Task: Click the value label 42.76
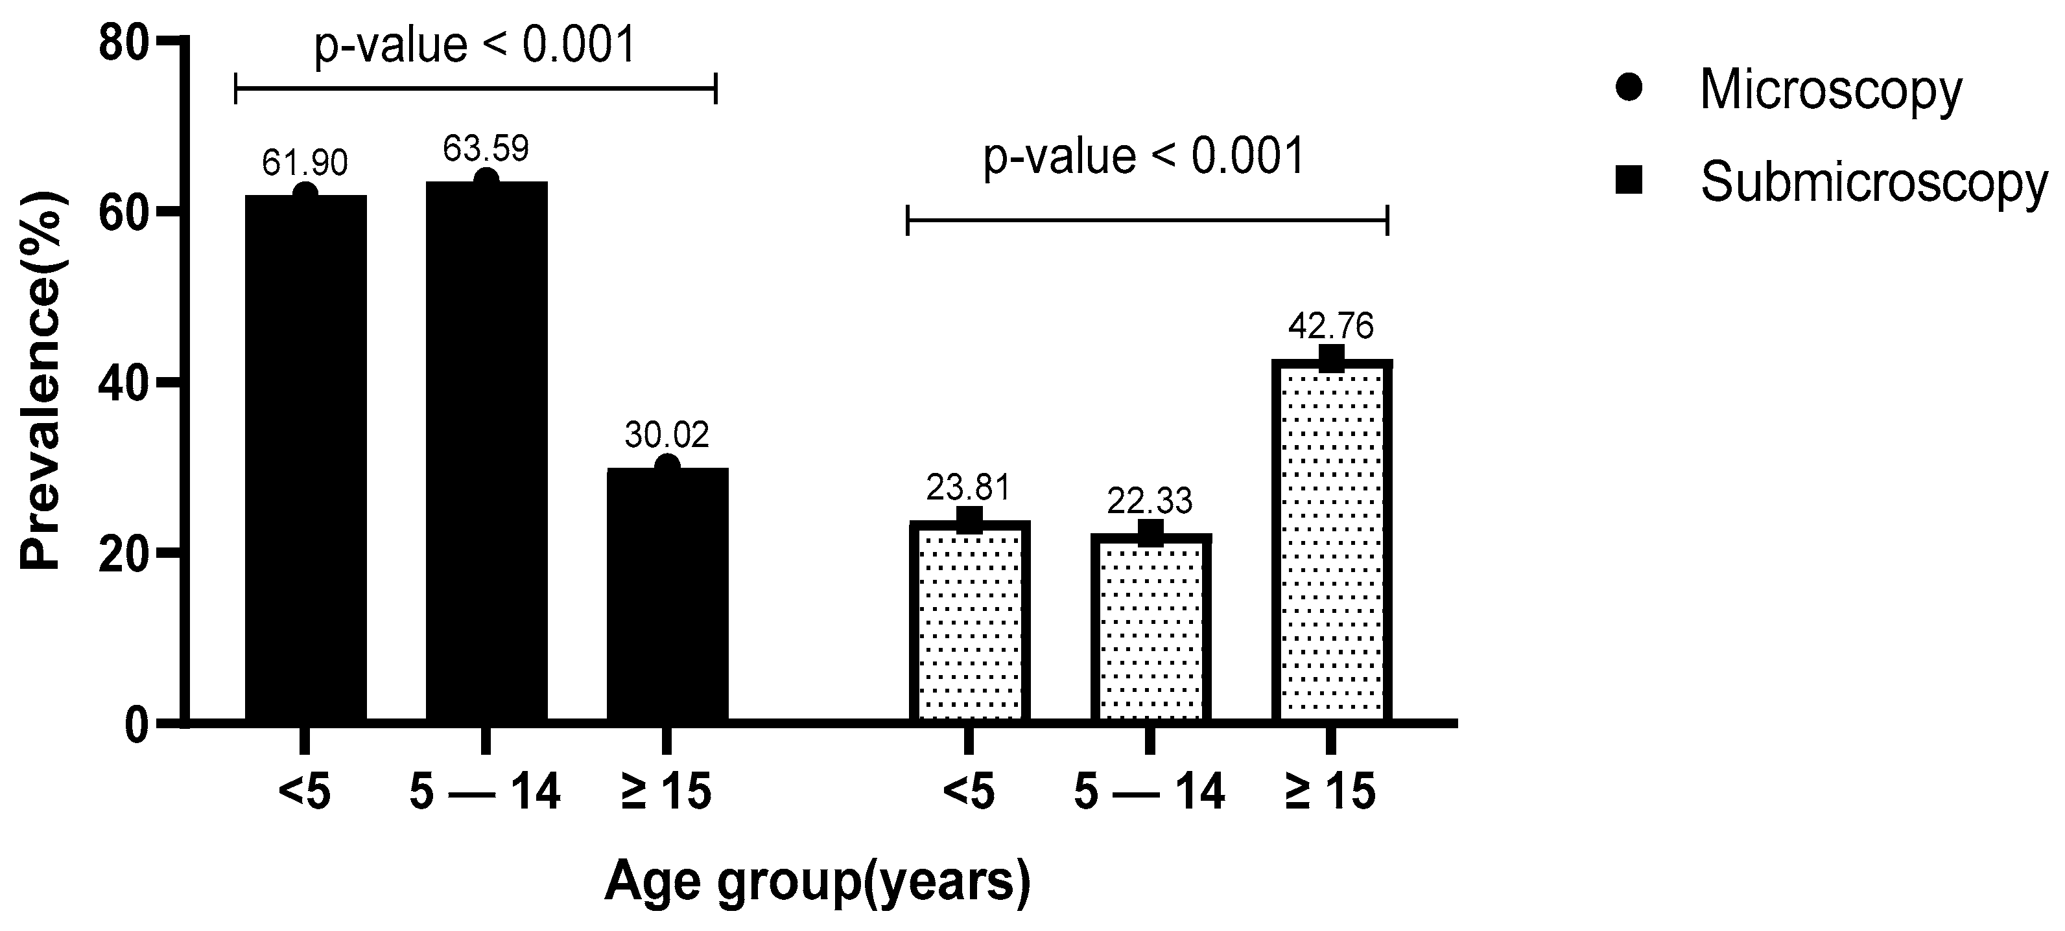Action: coord(1330,326)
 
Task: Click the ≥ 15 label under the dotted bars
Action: coord(1330,792)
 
